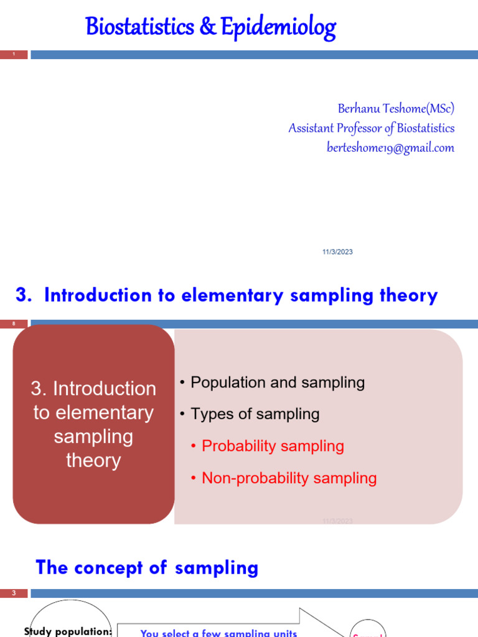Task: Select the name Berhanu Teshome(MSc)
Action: [396, 109]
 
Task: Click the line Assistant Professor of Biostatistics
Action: [371, 128]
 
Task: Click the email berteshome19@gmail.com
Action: [390, 148]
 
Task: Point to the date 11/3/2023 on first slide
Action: [337, 252]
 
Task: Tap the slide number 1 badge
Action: [14, 55]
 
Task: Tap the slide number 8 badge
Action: [14, 323]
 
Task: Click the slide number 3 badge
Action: [14, 593]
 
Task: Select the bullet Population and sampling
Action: [277, 383]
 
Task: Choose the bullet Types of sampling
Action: [255, 414]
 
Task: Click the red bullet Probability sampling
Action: [273, 446]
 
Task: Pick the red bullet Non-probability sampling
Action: [289, 478]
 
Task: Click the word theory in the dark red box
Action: [93, 461]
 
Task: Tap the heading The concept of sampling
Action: [147, 567]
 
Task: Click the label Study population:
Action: [68, 631]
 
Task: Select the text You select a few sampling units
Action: [218, 633]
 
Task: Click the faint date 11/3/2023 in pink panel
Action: [337, 521]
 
